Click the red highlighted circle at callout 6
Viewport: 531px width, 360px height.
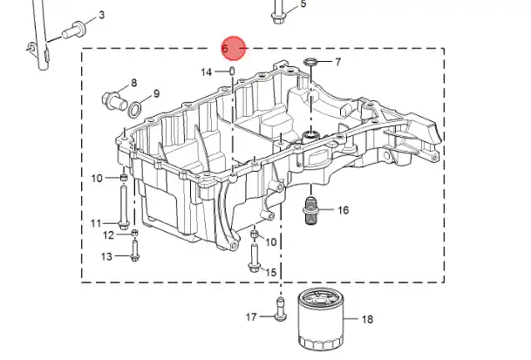[234, 49]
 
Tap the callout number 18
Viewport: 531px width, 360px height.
[366, 320]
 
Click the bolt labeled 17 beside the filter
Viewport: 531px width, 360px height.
[279, 309]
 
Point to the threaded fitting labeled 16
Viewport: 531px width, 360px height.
[311, 211]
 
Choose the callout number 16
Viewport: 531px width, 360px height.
[343, 210]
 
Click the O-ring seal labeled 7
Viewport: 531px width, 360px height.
[310, 63]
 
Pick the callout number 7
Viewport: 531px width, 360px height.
[337, 62]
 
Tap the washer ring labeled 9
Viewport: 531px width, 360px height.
[135, 109]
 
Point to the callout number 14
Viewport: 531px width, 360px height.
[207, 71]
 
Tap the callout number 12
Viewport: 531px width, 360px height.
[108, 234]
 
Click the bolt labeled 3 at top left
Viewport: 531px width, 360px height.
[71, 32]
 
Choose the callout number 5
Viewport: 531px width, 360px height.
[303, 4]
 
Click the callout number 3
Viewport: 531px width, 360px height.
[101, 16]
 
